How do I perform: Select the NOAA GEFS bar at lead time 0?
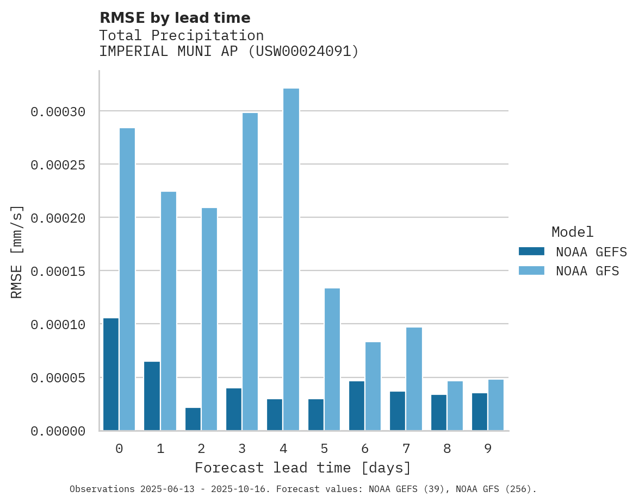[x=111, y=374]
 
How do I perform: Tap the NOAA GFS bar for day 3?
[x=250, y=272]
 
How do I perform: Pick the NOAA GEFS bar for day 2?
[x=193, y=419]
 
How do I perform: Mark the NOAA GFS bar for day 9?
[x=496, y=405]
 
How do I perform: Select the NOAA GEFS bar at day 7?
[x=398, y=411]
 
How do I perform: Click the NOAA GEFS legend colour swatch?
[x=531, y=251]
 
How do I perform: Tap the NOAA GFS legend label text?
[x=587, y=271]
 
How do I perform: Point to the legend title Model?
[x=572, y=232]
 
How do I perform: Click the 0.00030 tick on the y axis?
[x=58, y=112]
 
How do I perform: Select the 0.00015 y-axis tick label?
[x=58, y=271]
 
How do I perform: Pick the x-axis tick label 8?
[x=447, y=449]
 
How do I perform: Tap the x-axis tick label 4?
[x=283, y=449]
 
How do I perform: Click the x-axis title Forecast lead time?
[x=303, y=468]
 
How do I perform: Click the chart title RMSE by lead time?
[x=175, y=18]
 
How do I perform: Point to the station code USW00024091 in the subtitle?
[x=303, y=52]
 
